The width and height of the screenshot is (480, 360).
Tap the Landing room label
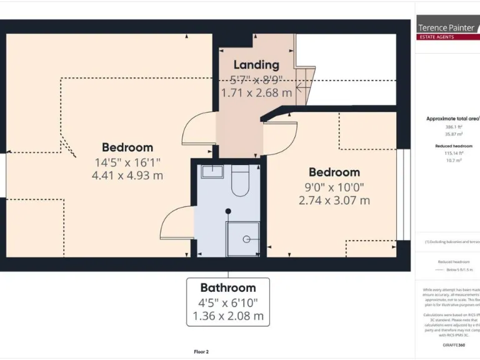(x=256, y=65)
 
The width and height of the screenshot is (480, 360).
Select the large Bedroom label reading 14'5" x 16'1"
(x=127, y=147)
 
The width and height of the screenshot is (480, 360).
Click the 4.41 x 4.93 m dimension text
(x=127, y=176)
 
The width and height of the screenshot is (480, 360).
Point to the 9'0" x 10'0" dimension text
(x=334, y=187)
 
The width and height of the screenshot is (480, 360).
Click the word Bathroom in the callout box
(x=228, y=287)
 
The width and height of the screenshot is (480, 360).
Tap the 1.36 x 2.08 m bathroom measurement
(x=228, y=316)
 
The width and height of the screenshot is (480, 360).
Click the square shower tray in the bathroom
(x=242, y=239)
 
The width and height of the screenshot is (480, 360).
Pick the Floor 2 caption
(x=201, y=352)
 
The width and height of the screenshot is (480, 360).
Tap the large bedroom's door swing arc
(x=197, y=128)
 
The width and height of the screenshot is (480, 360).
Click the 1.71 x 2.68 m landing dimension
(x=256, y=92)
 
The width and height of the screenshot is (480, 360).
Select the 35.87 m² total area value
(x=453, y=134)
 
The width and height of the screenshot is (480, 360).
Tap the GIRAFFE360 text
(x=453, y=345)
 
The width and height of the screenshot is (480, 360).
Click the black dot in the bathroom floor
(x=228, y=211)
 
